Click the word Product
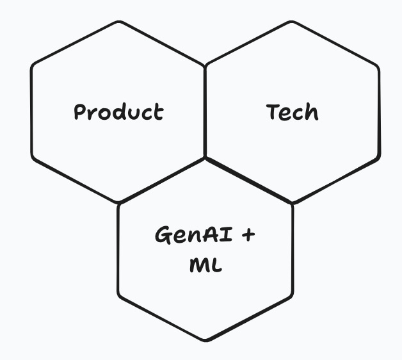tap(118, 112)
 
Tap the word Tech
tap(293, 112)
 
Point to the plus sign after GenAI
tap(248, 235)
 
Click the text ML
tap(205, 264)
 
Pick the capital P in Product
tap(80, 112)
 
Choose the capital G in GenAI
tap(163, 235)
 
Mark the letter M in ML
tap(198, 264)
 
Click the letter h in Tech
tap(311, 112)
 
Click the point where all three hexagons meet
tap(205, 158)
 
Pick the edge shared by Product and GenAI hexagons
tap(163, 180)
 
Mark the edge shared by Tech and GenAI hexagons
tap(249, 181)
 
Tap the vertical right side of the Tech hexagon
tap(379, 112)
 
